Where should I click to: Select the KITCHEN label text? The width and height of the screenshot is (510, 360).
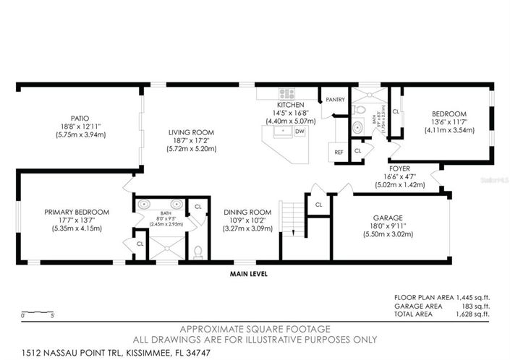click(x=284, y=105)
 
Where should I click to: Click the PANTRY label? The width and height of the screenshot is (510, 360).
click(x=335, y=100)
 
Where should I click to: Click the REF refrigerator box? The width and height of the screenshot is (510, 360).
click(x=338, y=153)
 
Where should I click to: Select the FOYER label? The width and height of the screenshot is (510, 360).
click(x=399, y=168)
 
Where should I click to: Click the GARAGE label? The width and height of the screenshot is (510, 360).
click(x=388, y=217)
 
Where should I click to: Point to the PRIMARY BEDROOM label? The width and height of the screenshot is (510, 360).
click(x=76, y=212)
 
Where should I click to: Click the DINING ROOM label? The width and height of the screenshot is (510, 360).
click(x=247, y=212)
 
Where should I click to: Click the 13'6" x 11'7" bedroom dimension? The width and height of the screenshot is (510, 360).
click(x=449, y=122)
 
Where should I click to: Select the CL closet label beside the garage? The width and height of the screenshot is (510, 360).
click(x=318, y=205)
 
